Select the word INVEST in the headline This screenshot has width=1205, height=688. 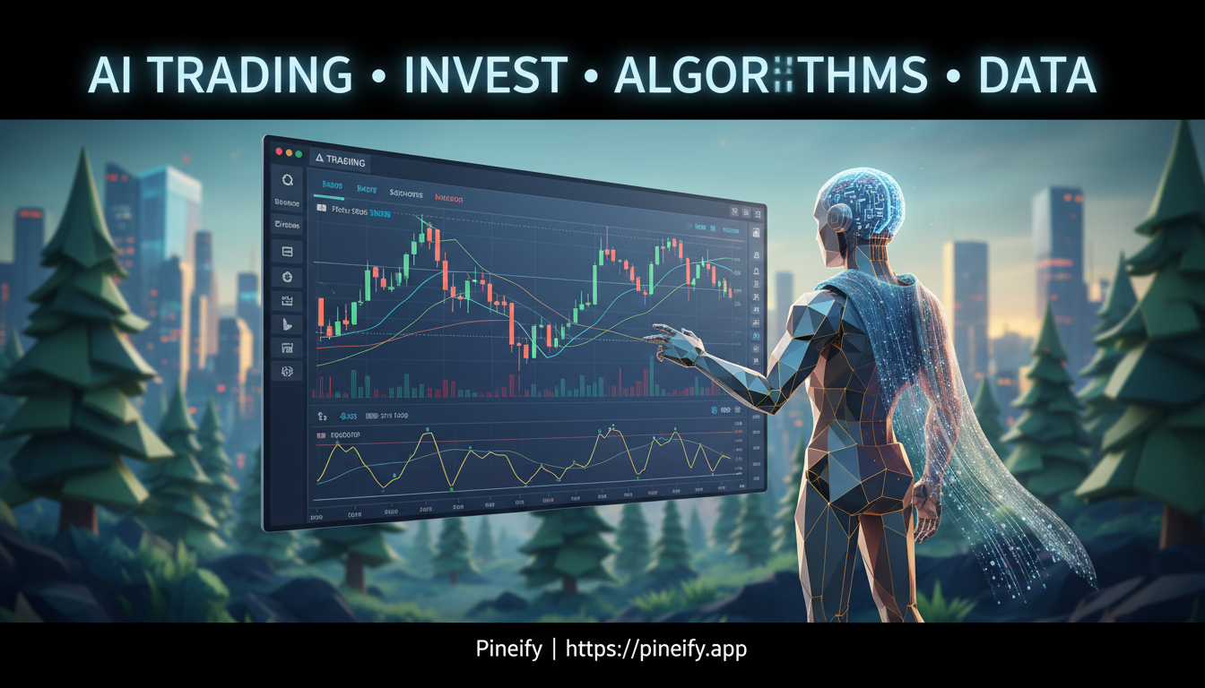[486, 74]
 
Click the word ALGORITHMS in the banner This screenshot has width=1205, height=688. [771, 74]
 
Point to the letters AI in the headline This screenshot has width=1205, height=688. [110, 74]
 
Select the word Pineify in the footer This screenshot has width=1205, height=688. [508, 648]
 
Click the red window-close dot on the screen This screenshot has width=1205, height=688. [278, 151]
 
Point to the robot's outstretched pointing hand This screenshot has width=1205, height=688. [668, 340]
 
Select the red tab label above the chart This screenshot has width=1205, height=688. [448, 195]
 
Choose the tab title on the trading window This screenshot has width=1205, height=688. [341, 161]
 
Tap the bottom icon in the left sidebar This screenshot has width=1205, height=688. [288, 370]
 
